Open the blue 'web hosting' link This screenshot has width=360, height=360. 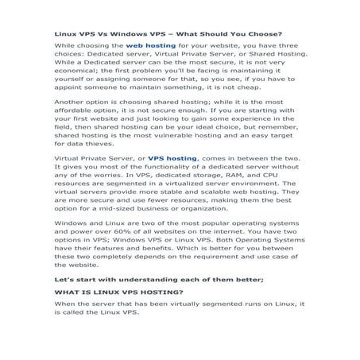[151, 47]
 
